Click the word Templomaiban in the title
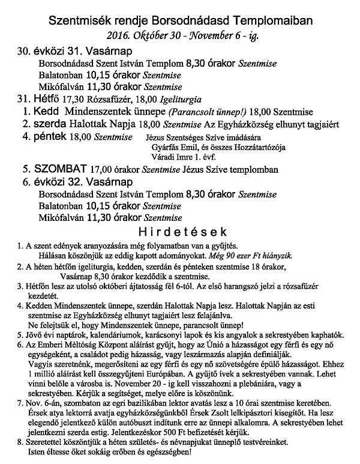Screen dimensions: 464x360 (269, 21)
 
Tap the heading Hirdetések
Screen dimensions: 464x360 (179, 230)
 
